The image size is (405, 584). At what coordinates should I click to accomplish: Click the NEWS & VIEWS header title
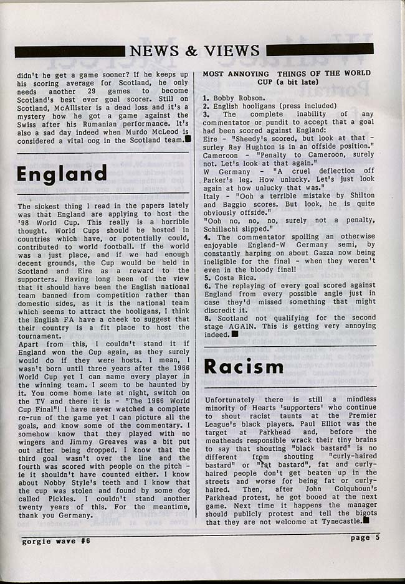[195, 50]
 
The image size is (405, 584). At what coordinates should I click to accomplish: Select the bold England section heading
[62, 174]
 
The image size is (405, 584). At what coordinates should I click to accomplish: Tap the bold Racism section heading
[244, 367]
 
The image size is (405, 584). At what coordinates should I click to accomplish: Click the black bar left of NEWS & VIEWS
[70, 51]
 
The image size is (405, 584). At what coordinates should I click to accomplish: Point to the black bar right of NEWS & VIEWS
[320, 49]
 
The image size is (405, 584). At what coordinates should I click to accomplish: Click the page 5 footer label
[364, 538]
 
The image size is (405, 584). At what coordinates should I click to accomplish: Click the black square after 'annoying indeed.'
[235, 334]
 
